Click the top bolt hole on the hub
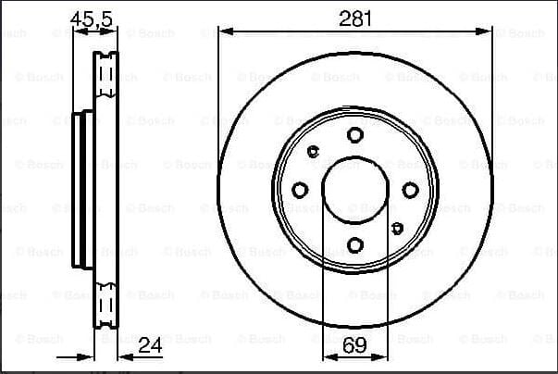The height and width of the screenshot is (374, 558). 355,134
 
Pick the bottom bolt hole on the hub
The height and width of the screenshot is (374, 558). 355,245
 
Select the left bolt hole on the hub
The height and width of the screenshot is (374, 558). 300,190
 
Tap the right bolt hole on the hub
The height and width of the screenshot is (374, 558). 411,190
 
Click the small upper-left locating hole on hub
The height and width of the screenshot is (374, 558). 313,152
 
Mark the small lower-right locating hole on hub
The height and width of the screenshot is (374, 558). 397,227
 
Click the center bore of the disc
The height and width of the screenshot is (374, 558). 355,190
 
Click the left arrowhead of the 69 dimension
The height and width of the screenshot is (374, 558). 327,356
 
